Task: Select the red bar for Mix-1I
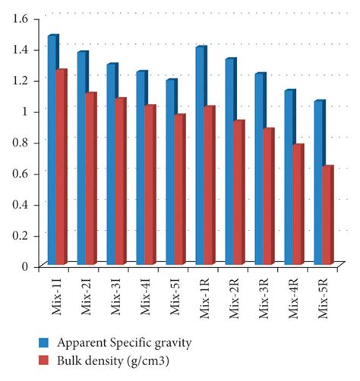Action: tap(61, 167)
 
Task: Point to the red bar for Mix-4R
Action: tap(298, 205)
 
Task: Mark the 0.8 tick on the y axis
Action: tap(24, 142)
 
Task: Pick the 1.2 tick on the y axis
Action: tap(24, 80)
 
